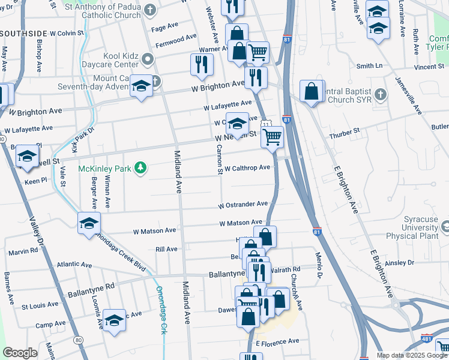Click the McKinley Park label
pyautogui.click(x=104, y=169)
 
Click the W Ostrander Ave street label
pyautogui.click(x=243, y=205)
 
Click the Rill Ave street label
pyautogui.click(x=166, y=248)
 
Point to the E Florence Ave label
pyautogui.click(x=277, y=341)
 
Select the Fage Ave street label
pyautogui.click(x=165, y=28)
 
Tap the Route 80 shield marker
pyautogui.click(x=79, y=340)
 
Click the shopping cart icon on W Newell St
pyautogui.click(x=273, y=137)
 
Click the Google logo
pyautogui.click(x=20, y=353)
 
